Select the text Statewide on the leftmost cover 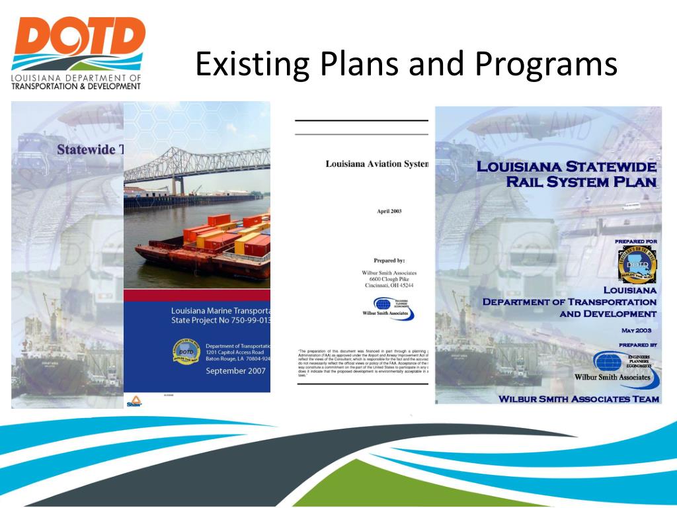(86, 149)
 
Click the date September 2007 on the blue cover (235, 371)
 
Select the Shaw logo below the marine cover (134, 401)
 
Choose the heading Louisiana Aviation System (377, 164)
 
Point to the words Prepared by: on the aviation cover (389, 261)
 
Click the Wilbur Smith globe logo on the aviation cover (383, 306)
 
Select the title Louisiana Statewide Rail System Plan (567, 174)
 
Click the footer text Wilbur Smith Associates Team (578, 399)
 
